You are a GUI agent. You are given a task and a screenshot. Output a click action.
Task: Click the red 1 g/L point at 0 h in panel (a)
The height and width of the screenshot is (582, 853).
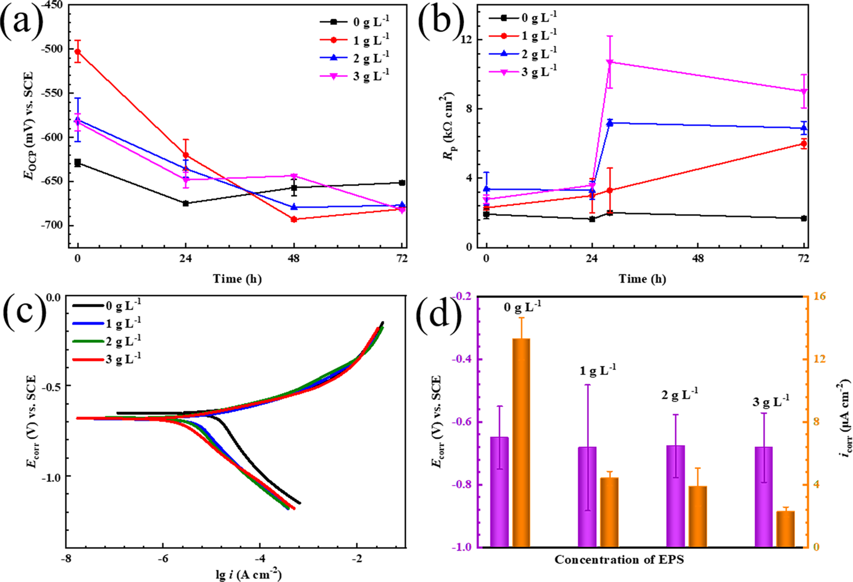pos(78,52)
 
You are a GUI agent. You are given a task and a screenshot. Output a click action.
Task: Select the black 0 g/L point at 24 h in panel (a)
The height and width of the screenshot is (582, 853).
pos(186,203)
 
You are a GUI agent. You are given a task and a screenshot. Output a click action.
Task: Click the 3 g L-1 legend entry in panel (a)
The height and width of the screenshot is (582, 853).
pos(371,76)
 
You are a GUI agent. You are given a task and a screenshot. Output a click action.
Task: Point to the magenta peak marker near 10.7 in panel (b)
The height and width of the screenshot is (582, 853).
pos(609,62)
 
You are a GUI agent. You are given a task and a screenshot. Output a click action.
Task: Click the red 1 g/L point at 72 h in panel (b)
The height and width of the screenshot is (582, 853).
pos(804,144)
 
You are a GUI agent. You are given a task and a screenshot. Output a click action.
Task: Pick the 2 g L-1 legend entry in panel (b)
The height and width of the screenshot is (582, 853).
pos(538,54)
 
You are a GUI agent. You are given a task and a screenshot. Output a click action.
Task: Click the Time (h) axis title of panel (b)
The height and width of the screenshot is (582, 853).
pos(642,279)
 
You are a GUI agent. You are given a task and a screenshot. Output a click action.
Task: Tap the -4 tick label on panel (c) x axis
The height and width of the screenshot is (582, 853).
pos(260,558)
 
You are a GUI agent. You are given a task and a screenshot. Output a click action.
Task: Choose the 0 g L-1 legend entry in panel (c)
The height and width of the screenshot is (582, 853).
pos(123,305)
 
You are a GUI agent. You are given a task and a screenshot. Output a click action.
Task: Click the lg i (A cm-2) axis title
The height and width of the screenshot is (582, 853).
pos(248,575)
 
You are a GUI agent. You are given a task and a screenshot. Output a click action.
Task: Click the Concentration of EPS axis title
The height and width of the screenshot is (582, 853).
pos(619,560)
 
